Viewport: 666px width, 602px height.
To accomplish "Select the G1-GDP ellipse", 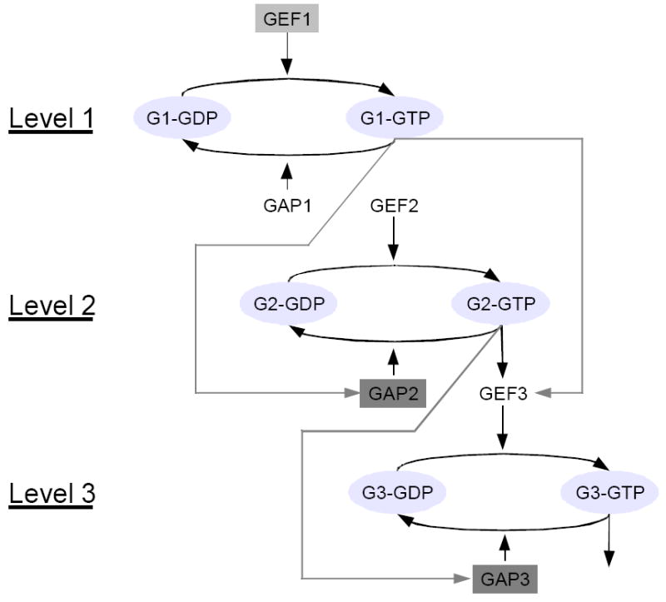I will coord(182,120).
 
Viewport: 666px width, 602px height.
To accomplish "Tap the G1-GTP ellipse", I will coord(395,120).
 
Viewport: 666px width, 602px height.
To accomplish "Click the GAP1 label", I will coord(287,206).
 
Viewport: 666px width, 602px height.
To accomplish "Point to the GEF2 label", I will coord(393,206).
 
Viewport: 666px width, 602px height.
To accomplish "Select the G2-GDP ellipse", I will coord(288,305).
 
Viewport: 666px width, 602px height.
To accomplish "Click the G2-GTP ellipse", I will coord(500,305).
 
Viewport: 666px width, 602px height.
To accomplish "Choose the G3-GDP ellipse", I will coord(396,493).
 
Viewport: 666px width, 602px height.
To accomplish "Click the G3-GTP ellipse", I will coord(609,493).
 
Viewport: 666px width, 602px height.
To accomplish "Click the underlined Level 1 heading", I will coord(52,120).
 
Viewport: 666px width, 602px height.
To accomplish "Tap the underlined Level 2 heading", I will coord(52,305).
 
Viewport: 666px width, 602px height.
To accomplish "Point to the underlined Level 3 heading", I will coord(52,493).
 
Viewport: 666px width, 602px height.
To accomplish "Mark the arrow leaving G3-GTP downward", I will coord(610,541).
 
